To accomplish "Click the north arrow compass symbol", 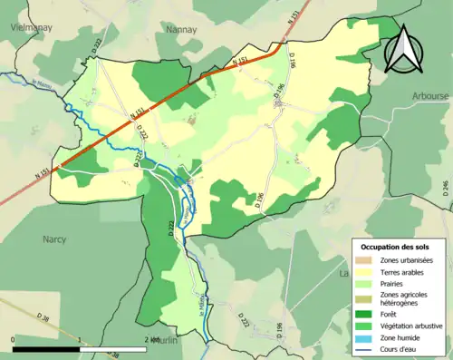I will pos(405,51).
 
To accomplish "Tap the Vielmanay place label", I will pos(29,28).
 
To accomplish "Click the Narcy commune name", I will pos(55,240).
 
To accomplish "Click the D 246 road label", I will pos(445,187).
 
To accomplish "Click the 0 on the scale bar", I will pos(14,339).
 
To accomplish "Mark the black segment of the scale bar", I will pos(47,348).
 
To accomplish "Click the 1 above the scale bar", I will pos(80,339).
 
